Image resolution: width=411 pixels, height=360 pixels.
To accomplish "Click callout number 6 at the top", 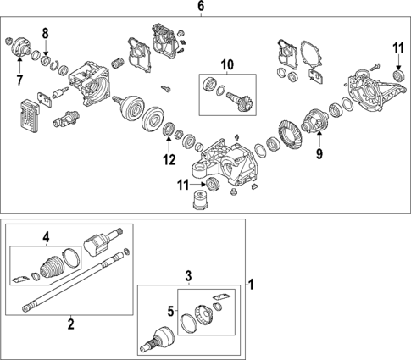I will point(201,7).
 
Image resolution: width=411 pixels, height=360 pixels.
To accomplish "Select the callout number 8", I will point(47,34).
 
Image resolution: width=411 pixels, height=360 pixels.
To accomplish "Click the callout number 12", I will point(169,158).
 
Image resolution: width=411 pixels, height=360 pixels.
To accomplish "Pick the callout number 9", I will point(319,155).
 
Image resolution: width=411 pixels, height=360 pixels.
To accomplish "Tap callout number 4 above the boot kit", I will point(47,236).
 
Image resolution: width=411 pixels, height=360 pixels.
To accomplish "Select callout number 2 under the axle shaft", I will point(70,323).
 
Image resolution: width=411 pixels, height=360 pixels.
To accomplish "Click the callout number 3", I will point(189,276).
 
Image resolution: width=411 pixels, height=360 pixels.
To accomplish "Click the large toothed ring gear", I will point(291,136).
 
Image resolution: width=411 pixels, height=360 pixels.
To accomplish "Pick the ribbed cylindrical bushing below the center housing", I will point(201,202).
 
